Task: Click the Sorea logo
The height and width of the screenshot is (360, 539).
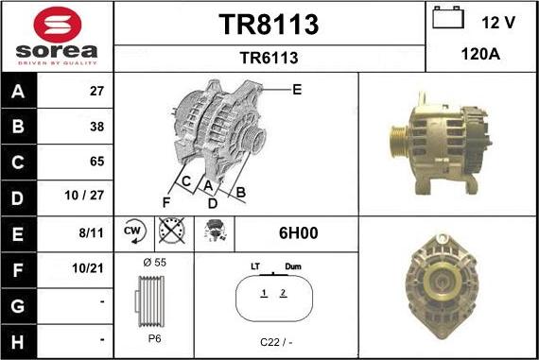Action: point(57,36)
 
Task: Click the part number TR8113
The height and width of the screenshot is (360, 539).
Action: point(269,25)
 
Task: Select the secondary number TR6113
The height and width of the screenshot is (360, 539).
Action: point(269,59)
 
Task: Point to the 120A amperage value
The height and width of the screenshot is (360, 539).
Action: point(481,56)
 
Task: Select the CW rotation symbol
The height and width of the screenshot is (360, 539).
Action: point(132,231)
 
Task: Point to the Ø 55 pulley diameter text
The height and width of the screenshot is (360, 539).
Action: point(154,262)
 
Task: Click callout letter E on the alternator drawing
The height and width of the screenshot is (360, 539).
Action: point(297,90)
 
